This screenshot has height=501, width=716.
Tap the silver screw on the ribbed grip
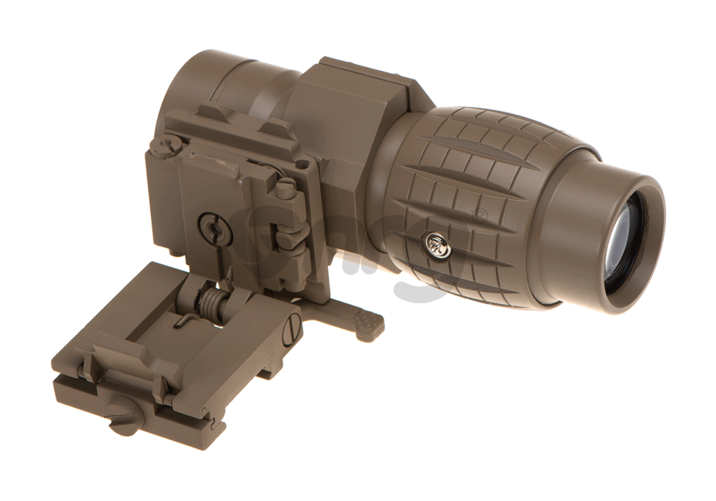point(437,245)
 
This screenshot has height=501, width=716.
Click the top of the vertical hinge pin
point(286,187)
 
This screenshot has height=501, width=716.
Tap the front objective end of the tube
point(192,85)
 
